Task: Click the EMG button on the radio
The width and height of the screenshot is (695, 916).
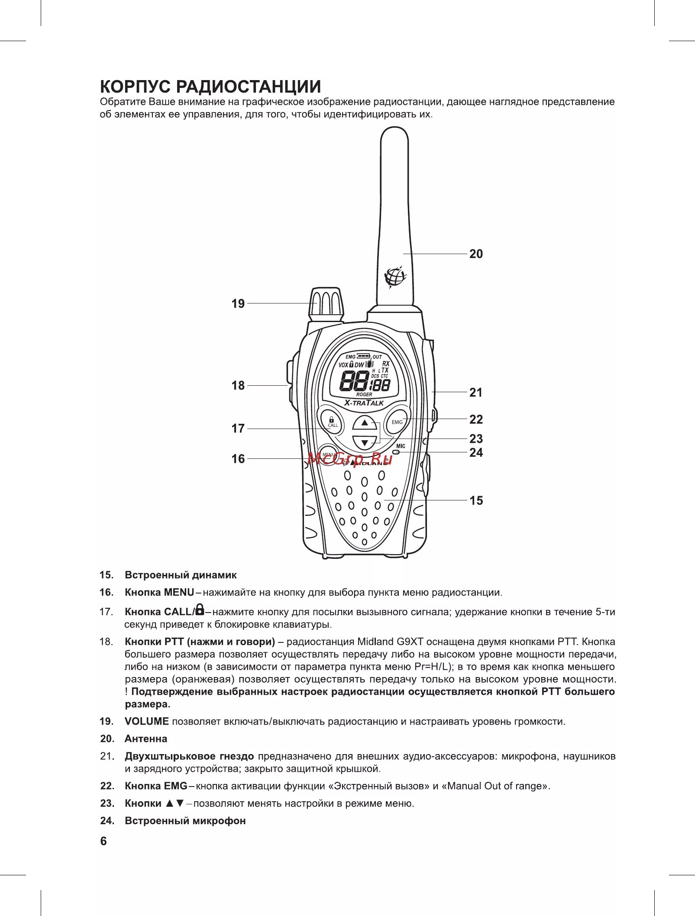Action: (397, 422)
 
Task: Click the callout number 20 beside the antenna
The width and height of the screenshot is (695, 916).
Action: (476, 254)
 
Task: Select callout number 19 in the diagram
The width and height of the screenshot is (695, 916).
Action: (238, 304)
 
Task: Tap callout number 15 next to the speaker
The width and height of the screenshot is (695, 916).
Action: (476, 501)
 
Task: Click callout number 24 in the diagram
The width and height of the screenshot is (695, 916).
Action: (476, 453)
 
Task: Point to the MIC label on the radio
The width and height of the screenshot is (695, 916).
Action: (401, 446)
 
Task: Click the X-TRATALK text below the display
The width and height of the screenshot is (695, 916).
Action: (364, 403)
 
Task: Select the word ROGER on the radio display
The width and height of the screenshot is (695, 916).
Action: (364, 394)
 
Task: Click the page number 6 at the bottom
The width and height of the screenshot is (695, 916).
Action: (103, 841)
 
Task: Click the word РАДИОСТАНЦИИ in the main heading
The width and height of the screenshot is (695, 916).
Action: (248, 87)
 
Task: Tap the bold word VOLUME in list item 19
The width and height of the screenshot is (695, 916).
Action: (147, 721)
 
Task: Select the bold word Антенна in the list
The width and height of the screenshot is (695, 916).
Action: (146, 739)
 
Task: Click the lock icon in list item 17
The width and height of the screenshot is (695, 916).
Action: (200, 610)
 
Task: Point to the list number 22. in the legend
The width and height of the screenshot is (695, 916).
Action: (107, 786)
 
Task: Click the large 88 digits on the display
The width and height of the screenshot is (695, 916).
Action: (354, 382)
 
